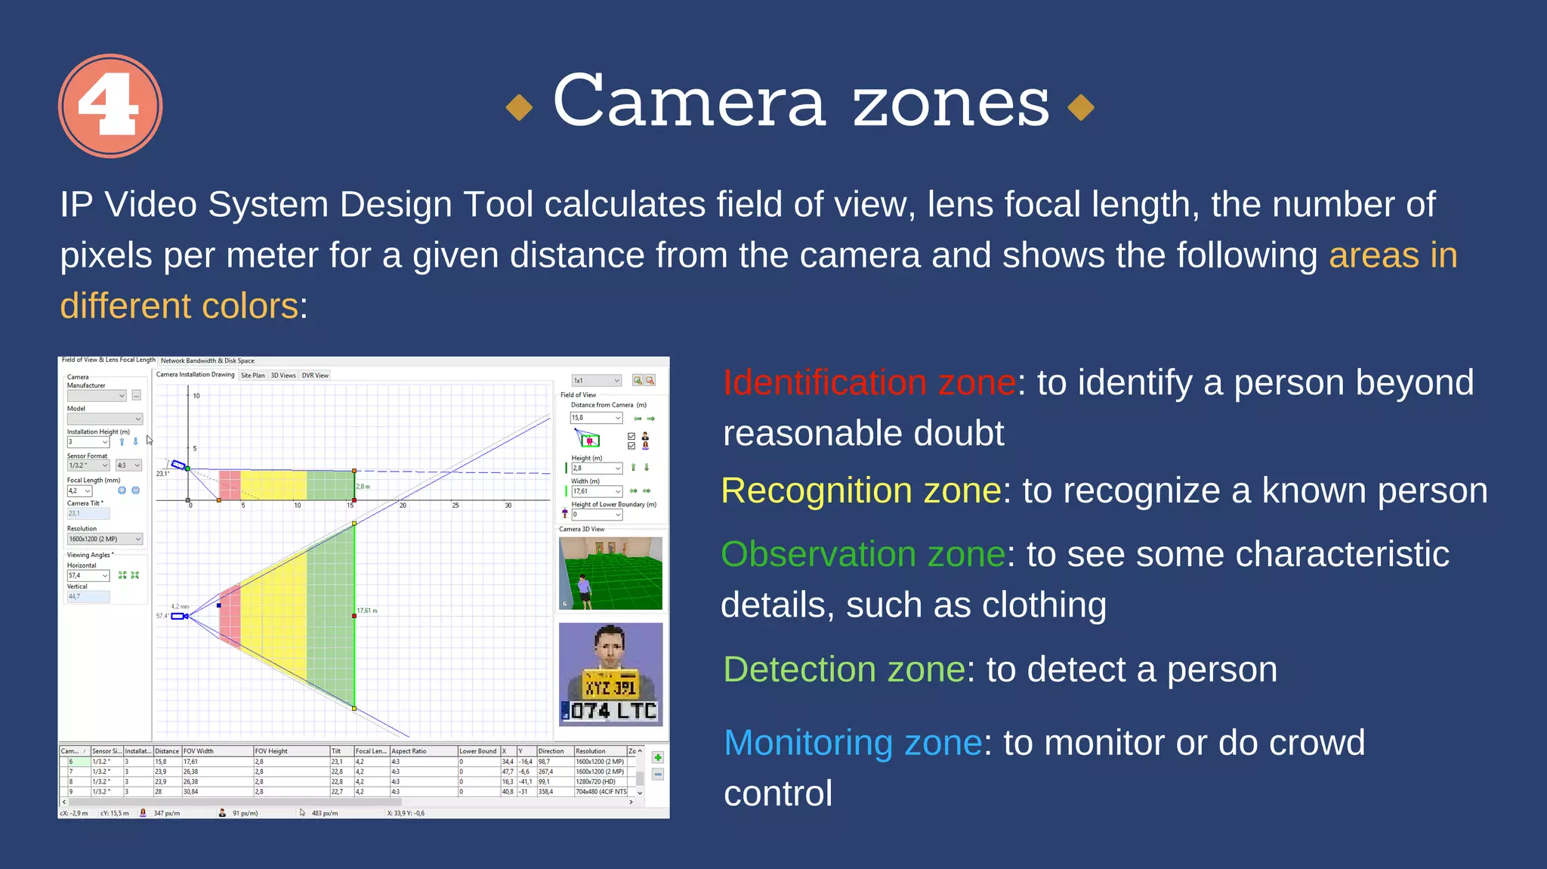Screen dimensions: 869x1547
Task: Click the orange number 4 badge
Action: pos(110,106)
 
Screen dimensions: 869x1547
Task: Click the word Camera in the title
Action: pos(688,102)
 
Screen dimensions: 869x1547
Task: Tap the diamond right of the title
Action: pos(1081,107)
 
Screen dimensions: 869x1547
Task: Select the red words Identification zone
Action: pos(869,382)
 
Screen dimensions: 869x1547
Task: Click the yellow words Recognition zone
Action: pos(861,490)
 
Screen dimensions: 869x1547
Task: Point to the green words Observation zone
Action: pos(863,554)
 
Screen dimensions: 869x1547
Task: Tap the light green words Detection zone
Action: pos(844,670)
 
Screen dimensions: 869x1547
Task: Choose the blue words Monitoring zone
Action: pos(853,743)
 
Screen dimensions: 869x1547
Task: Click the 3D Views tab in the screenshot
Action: pos(283,376)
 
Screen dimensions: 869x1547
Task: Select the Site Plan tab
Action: pos(252,376)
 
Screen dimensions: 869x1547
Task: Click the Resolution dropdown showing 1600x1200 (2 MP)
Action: pos(104,539)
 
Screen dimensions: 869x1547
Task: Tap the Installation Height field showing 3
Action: pos(88,442)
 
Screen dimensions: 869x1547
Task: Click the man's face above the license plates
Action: pos(610,646)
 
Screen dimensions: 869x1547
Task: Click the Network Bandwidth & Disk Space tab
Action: pos(207,361)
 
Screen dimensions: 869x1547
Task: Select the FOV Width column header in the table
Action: pos(215,751)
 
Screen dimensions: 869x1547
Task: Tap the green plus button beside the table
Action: pos(658,758)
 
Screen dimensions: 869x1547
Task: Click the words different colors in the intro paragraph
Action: pos(179,306)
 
